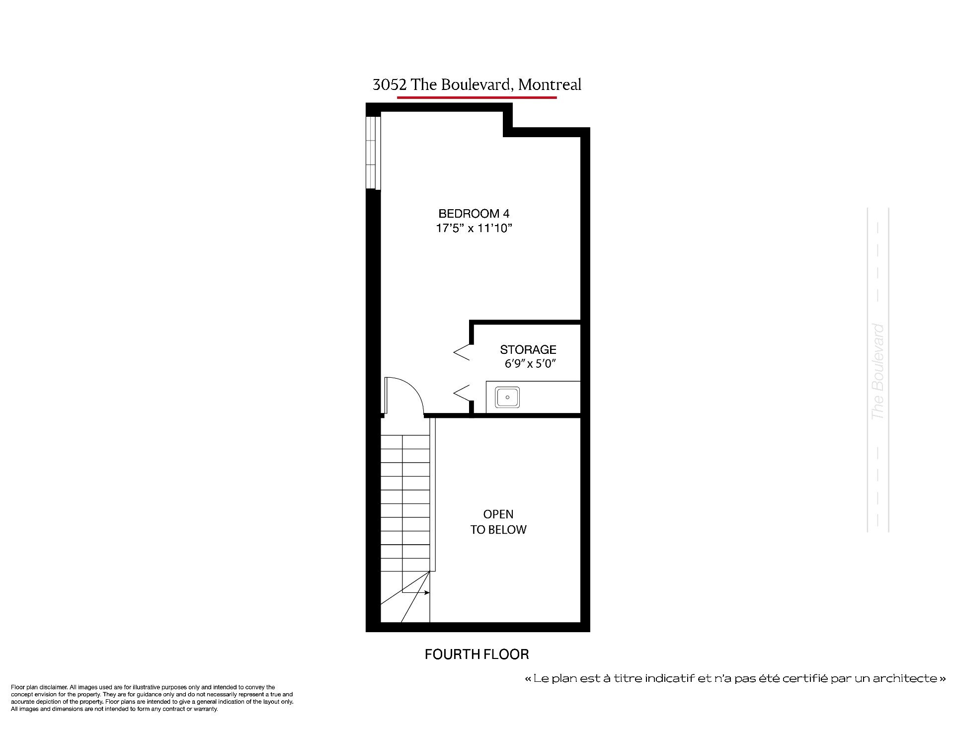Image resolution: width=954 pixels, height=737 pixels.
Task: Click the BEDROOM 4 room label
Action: click(474, 214)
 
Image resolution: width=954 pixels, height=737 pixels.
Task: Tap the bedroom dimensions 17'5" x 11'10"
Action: click(474, 228)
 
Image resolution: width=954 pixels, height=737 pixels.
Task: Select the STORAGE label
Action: click(528, 349)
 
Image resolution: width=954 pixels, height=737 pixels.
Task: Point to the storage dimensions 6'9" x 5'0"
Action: click(530, 364)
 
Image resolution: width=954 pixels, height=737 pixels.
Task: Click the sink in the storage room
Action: click(507, 398)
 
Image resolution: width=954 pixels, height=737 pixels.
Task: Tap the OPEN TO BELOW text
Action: click(498, 522)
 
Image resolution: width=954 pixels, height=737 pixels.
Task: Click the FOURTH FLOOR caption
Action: click(477, 654)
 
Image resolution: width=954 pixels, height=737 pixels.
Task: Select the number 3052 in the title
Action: click(390, 85)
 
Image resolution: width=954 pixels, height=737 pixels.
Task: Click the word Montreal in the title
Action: click(550, 85)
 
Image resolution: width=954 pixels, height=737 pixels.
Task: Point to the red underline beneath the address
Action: click(477, 97)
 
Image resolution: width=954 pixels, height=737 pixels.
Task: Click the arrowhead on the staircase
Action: click(427, 592)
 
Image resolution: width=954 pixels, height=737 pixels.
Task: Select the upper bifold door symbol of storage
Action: click(462, 352)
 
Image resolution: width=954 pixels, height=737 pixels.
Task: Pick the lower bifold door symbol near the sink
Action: click(462, 393)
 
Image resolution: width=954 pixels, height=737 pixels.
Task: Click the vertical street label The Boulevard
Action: click(878, 371)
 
